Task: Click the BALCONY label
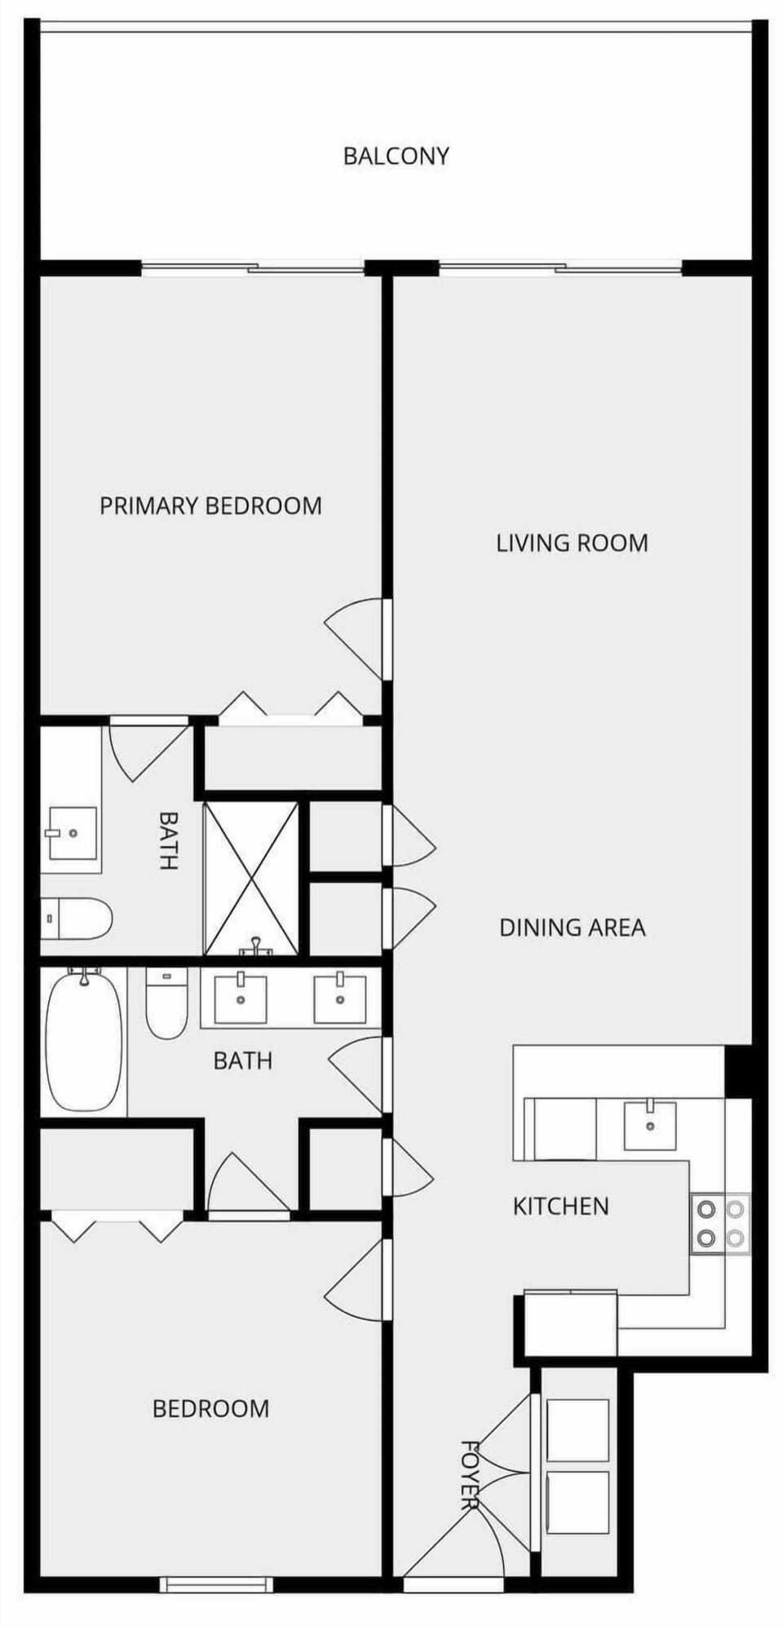[396, 156]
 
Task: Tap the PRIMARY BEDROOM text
[210, 506]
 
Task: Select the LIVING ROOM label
[572, 543]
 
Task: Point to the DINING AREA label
[572, 928]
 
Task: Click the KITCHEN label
[560, 1206]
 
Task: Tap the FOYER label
[469, 1474]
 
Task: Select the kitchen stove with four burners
[721, 1224]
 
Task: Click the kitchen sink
[650, 1125]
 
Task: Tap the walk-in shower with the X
[251, 879]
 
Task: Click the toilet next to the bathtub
[166, 1004]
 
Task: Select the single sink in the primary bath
[73, 833]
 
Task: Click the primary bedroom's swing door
[355, 639]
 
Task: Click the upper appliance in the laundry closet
[577, 1430]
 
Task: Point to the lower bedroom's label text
[210, 1409]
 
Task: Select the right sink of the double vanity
[340, 997]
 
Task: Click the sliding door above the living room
[560, 268]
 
